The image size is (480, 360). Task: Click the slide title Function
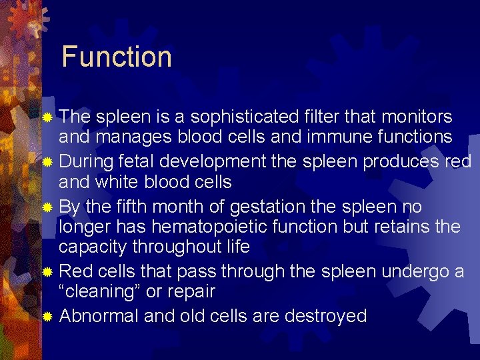point(117,57)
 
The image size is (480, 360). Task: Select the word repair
point(191,292)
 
